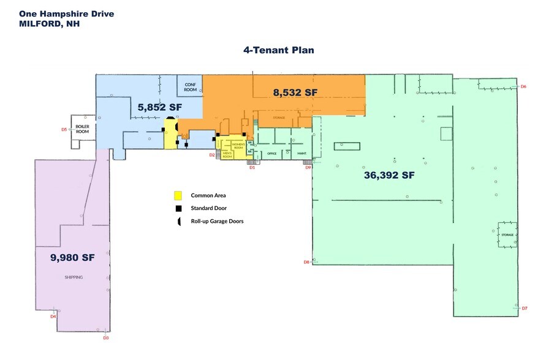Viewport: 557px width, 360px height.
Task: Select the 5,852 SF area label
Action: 160,107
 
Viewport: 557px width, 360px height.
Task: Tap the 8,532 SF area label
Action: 295,92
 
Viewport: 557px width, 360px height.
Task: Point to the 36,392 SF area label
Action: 390,174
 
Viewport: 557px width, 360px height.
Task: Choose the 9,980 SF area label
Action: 73,258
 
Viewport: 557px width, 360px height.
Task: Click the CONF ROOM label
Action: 190,87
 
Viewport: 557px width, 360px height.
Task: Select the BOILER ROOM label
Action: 82,129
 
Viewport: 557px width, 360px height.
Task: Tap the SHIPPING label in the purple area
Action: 74,277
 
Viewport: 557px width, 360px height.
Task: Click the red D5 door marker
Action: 64,129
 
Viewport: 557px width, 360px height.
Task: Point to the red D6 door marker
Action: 523,87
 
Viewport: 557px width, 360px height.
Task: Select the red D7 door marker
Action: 525,308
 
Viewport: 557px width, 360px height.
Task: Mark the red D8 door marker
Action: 306,262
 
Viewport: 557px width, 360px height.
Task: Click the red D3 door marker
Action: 105,337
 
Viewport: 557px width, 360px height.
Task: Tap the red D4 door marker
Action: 53,316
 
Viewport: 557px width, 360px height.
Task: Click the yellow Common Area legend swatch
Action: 178,195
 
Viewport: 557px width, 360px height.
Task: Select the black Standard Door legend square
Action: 178,208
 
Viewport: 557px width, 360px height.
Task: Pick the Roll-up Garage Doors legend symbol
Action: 178,221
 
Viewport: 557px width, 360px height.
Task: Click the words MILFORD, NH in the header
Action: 49,24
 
